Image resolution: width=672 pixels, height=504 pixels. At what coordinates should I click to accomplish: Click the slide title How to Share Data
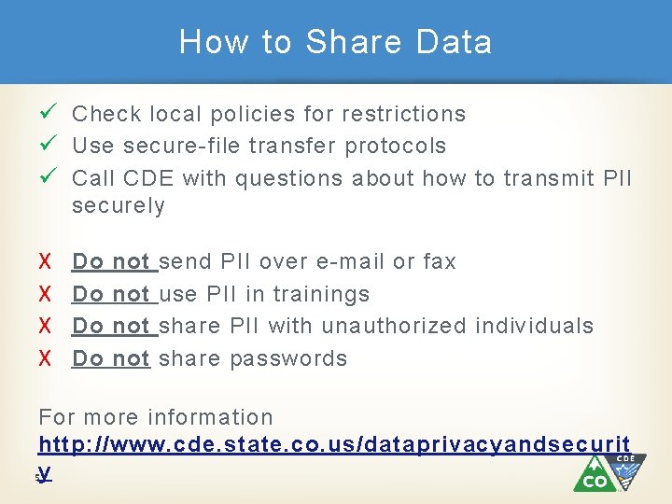point(335,42)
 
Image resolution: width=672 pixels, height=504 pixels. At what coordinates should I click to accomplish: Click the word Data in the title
point(455,42)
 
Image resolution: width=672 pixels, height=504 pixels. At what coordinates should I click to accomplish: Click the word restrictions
point(403,114)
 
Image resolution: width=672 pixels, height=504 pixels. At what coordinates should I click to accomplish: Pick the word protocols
point(396,147)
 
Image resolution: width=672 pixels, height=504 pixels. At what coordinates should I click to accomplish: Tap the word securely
point(119,206)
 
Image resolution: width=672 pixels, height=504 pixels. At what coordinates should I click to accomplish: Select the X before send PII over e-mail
point(44,262)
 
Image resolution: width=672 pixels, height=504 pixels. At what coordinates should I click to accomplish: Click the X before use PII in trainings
point(44,295)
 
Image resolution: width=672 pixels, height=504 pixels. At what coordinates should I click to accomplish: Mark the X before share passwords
point(44,359)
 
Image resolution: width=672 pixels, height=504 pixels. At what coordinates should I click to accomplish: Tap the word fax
point(440,262)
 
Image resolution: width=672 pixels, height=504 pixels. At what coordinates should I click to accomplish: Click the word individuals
point(534,327)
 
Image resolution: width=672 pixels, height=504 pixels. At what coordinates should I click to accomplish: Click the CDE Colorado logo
point(609,472)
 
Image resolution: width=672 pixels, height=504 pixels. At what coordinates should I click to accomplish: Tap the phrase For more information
point(156,417)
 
